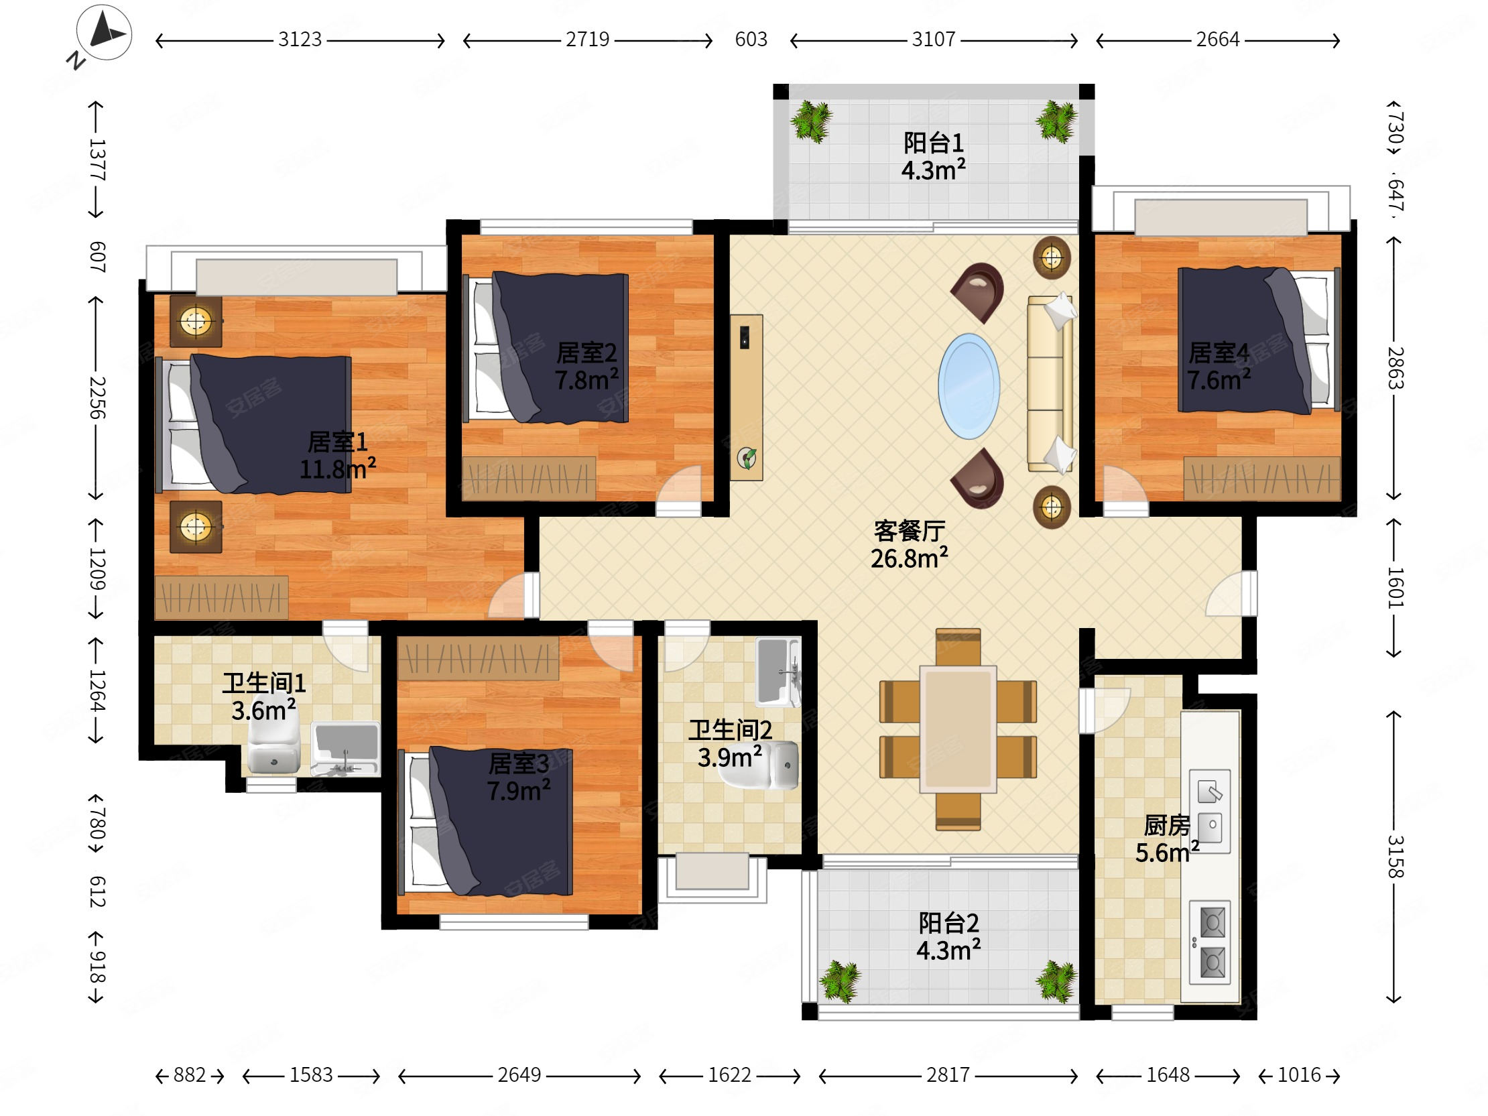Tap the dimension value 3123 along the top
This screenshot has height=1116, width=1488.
click(x=300, y=40)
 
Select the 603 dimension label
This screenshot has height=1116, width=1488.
click(x=751, y=40)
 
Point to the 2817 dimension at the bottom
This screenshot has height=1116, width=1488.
click(x=948, y=1075)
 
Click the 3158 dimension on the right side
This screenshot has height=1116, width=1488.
click(x=1394, y=857)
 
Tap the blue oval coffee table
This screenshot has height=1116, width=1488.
click(x=969, y=386)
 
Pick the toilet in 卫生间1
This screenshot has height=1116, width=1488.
click(x=273, y=747)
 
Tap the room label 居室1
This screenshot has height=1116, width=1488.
click(x=338, y=442)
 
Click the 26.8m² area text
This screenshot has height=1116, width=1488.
click(x=909, y=558)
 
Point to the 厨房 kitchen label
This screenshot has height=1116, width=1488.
click(x=1167, y=825)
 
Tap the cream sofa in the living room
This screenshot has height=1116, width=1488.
click(x=1050, y=383)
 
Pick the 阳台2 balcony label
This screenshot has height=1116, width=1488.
click(x=948, y=923)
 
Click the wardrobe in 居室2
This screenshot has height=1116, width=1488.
click(x=529, y=479)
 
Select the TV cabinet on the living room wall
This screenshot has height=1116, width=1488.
click(x=746, y=397)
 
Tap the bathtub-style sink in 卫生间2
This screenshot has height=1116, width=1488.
click(x=778, y=672)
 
